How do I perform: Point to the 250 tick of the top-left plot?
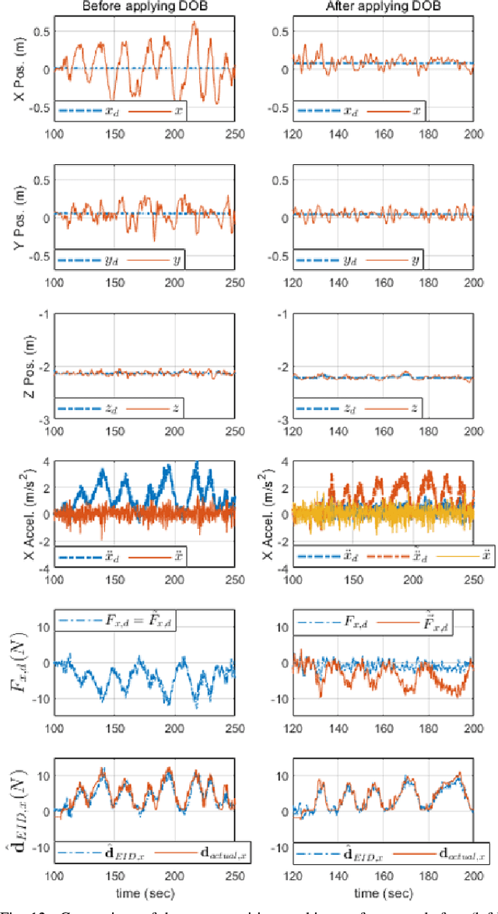click(233, 132)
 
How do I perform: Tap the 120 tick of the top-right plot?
click(293, 132)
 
